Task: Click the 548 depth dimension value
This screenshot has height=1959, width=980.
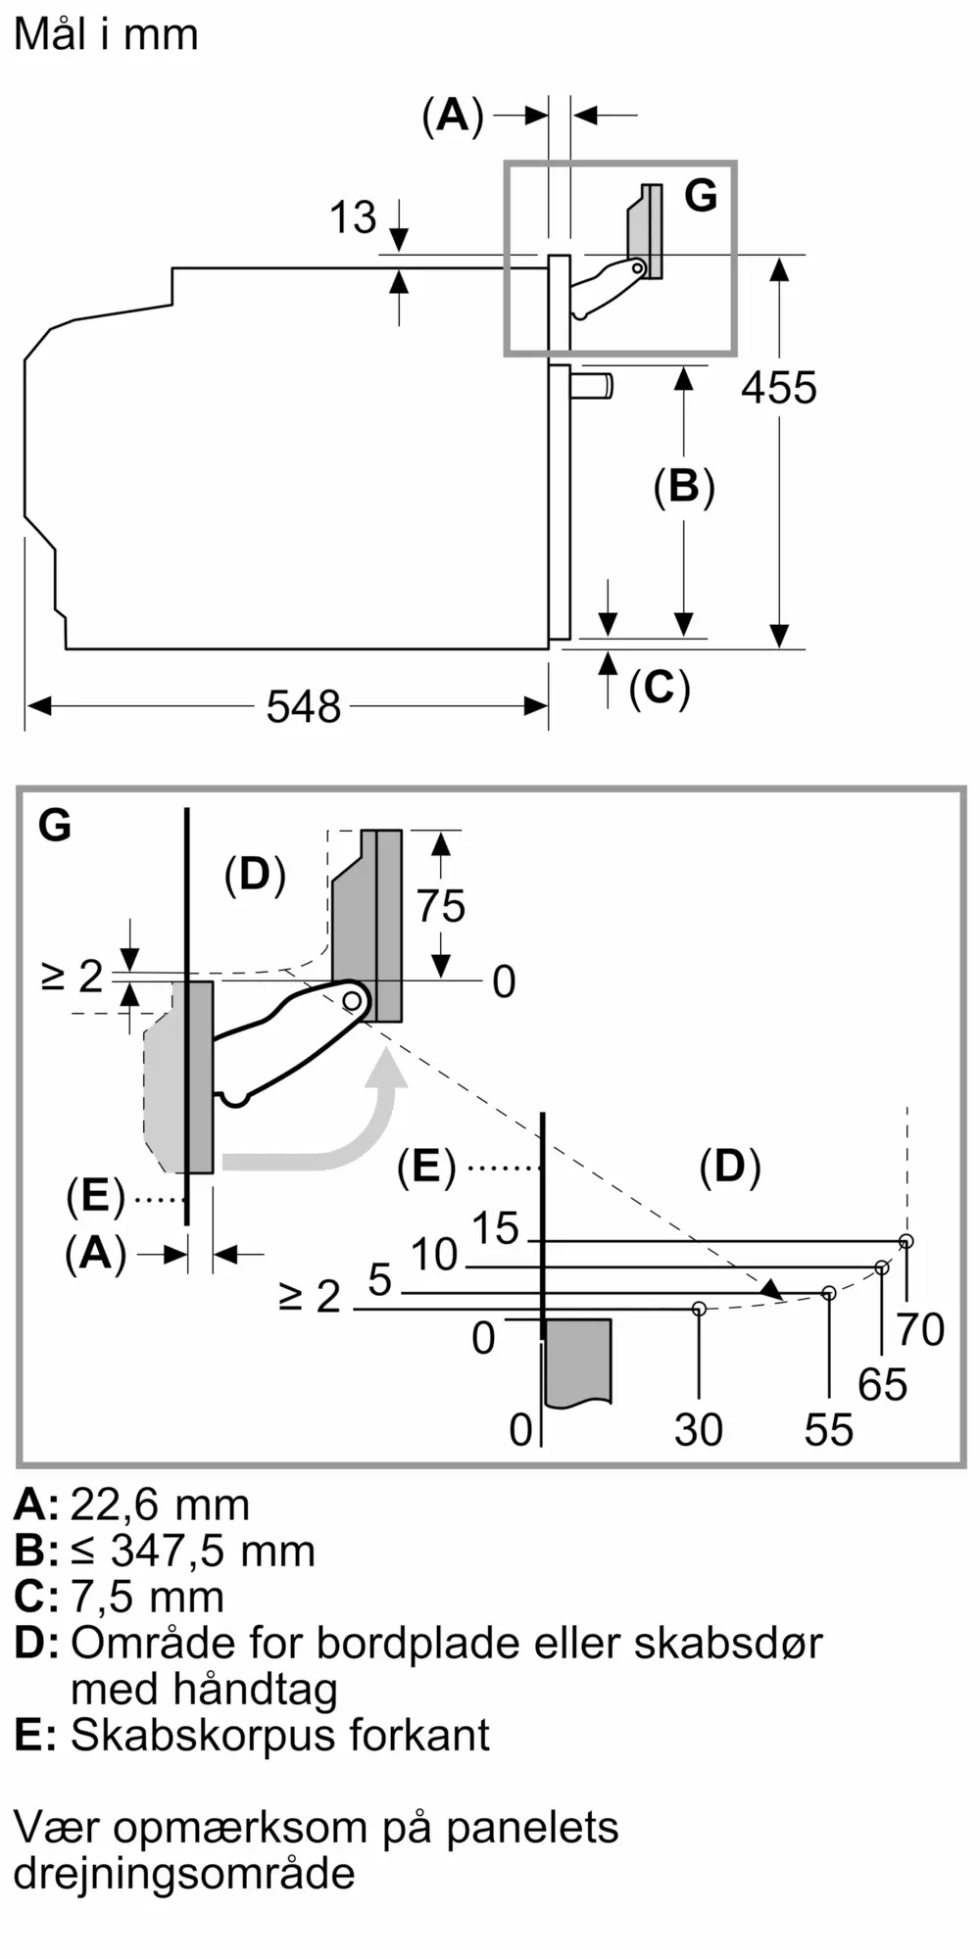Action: tap(304, 706)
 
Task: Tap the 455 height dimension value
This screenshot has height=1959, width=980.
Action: tap(779, 388)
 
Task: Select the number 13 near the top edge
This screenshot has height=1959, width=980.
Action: tap(353, 217)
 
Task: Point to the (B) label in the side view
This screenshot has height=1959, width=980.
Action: tap(684, 487)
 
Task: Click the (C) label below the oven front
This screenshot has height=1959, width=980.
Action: tap(660, 688)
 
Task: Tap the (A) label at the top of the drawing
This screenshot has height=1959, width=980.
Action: tap(453, 116)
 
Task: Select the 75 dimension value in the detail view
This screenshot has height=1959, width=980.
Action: tap(441, 906)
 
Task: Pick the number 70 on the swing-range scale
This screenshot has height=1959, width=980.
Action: tap(921, 1329)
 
